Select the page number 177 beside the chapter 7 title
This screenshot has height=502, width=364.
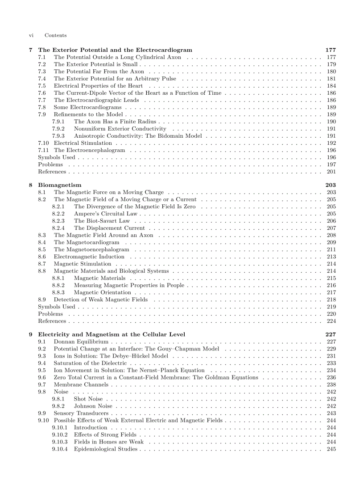[331, 50]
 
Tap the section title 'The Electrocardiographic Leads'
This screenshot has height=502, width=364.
[96, 100]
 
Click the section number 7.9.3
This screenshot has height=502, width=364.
[58, 136]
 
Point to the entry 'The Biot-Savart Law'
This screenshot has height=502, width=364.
[102, 221]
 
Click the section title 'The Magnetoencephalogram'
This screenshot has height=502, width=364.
[91, 249]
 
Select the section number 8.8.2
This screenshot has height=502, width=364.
[58, 285]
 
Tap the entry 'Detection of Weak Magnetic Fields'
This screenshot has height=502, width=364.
[101, 300]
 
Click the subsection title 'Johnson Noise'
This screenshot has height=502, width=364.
[93, 406]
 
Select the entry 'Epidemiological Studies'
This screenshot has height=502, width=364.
[106, 449]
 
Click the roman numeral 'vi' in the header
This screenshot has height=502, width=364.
[31, 35]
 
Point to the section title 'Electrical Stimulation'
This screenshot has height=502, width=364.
[83, 143]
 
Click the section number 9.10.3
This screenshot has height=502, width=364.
[60, 442]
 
